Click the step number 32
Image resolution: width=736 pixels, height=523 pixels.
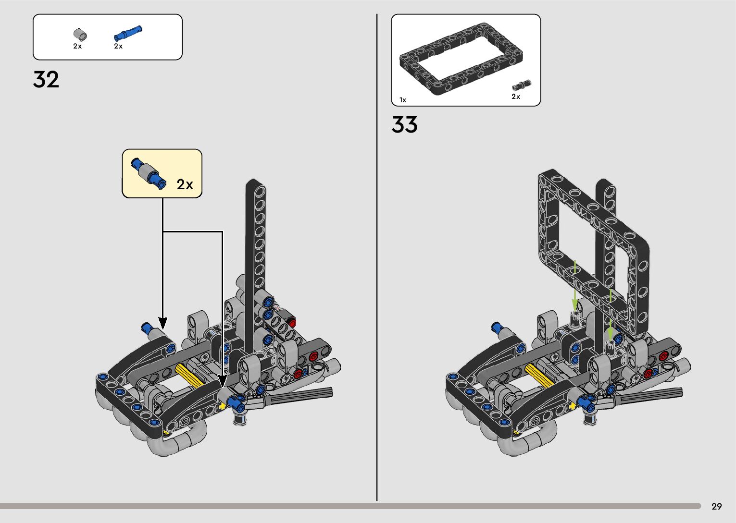[x=46, y=79]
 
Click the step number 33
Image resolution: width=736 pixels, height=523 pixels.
[x=404, y=124]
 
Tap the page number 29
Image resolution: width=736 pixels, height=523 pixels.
[x=717, y=506]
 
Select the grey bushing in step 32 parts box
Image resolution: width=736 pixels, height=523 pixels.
[x=80, y=34]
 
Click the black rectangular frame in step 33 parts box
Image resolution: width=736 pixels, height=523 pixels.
[x=461, y=59]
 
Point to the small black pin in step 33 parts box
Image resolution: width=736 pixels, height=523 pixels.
[x=522, y=85]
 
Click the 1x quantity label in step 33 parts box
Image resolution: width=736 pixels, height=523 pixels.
[x=403, y=100]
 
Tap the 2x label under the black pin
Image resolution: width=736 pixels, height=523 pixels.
[x=516, y=97]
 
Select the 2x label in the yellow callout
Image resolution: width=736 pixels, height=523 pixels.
[x=185, y=184]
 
